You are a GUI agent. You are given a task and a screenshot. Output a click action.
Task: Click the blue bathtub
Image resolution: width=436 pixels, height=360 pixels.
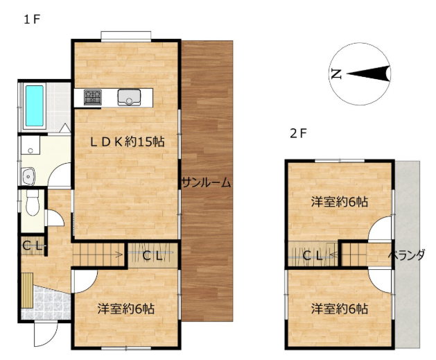click(35, 105)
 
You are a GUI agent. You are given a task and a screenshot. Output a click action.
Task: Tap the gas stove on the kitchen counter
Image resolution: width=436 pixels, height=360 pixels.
click(93, 97)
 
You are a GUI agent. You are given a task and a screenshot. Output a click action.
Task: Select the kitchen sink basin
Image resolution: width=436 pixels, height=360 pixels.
click(129, 97)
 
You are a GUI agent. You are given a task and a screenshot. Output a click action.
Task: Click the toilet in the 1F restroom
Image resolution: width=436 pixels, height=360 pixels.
click(33, 203)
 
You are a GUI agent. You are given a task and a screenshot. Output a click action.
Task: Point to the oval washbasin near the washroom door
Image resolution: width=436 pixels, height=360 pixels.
click(28, 176)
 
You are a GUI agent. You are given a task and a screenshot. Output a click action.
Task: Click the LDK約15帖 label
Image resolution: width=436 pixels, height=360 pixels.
click(127, 142)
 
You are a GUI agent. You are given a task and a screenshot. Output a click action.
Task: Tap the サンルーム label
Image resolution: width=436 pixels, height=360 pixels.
click(206, 183)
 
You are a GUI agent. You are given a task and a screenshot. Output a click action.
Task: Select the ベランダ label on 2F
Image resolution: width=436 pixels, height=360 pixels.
click(406, 255)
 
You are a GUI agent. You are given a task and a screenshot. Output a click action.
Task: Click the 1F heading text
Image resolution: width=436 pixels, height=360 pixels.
click(32, 19)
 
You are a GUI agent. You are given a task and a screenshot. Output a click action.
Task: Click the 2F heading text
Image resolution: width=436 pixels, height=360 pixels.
click(298, 134)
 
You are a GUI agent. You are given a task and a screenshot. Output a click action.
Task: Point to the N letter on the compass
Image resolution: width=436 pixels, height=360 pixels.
click(336, 74)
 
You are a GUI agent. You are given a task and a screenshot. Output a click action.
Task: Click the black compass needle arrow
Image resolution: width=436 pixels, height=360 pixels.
click(369, 74)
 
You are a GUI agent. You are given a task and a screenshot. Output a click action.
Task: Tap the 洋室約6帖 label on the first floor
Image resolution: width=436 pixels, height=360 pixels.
click(126, 309)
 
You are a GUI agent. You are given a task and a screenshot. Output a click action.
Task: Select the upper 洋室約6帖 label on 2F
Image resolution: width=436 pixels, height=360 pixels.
click(340, 202)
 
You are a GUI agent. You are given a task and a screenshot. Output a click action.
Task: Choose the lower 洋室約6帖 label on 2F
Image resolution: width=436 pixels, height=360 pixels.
click(340, 309)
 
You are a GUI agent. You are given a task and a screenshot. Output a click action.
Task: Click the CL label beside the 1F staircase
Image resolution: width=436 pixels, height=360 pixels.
click(152, 256)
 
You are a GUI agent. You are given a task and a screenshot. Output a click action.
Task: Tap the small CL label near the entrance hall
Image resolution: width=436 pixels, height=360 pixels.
click(33, 246)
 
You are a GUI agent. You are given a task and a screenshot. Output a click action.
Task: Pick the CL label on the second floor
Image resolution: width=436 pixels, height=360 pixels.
click(312, 255)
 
